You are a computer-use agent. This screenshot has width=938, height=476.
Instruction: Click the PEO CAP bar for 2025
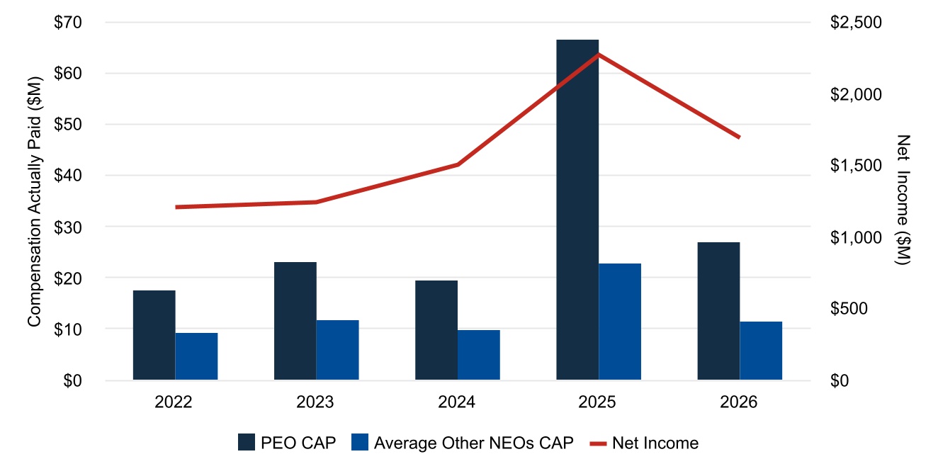coord(577,210)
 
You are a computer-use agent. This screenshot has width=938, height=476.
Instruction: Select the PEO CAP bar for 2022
coord(154,335)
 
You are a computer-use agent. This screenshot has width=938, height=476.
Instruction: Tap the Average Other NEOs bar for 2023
coord(337,350)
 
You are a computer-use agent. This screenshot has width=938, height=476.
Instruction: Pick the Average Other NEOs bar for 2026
coord(761,351)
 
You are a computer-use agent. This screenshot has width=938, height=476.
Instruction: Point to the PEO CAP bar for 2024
coord(436,330)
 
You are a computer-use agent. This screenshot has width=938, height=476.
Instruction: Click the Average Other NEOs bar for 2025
coord(620,322)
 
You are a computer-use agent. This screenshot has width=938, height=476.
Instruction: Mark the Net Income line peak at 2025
coord(599,55)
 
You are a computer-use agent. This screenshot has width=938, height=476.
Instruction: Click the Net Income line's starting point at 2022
coord(176,208)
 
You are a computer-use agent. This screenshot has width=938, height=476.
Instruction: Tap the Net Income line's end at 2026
coord(740,137)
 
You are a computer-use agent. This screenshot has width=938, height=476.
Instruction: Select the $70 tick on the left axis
coord(68,22)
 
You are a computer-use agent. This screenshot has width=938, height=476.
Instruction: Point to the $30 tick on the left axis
coord(68,227)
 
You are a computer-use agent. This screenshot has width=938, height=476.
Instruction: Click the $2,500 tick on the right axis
coord(856,22)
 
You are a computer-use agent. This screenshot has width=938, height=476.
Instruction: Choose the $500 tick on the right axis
coord(849,309)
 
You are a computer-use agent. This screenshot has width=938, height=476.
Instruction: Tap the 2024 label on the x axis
coord(456,402)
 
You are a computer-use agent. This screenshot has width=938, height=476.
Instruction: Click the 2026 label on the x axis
coord(739,402)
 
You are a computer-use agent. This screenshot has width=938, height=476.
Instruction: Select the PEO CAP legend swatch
coord(247,442)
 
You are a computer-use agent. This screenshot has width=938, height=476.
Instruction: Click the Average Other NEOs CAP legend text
coord(474,443)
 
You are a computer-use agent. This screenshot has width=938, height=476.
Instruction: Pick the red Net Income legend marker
coord(598,443)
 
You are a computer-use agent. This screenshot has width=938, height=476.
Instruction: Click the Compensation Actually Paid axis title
coord(34,201)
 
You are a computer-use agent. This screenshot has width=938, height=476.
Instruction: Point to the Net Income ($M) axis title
coord(903,200)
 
